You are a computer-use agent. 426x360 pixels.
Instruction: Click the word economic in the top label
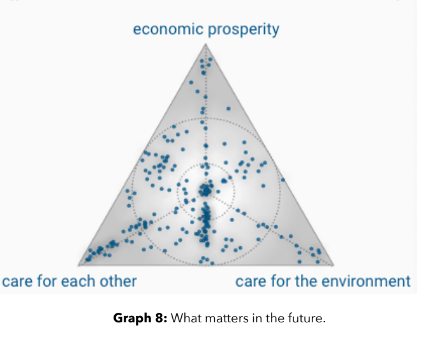point(168,29)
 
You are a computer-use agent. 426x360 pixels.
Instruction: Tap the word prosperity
point(244,30)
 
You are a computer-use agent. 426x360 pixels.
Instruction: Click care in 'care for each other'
point(17,281)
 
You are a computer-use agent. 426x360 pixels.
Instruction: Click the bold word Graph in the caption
point(133,319)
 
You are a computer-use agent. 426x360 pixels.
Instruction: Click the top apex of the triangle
point(205,44)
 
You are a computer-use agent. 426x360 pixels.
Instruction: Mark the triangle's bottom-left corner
point(78,265)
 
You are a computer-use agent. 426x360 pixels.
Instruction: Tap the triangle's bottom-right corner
point(333,265)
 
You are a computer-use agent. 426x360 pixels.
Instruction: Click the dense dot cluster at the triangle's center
point(206,190)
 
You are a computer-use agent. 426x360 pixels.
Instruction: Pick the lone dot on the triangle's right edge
point(283,180)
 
